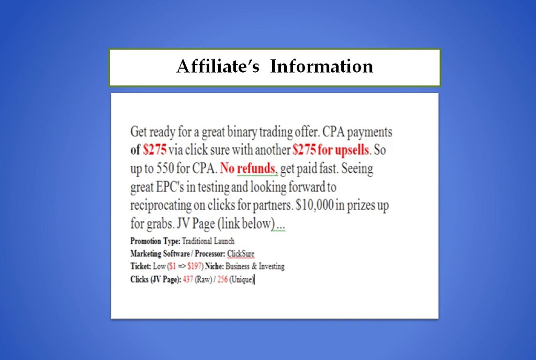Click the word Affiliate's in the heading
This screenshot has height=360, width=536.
218,66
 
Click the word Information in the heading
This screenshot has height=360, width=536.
321,66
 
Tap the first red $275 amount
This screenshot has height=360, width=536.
154,149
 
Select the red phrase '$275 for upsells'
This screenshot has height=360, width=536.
330,149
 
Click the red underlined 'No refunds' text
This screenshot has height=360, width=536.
248,168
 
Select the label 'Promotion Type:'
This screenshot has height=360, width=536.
155,241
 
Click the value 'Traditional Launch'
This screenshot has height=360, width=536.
208,241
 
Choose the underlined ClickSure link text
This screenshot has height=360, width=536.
240,254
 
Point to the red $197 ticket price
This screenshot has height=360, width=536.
194,266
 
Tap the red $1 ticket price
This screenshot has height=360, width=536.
172,266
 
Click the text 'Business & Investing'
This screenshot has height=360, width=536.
255,266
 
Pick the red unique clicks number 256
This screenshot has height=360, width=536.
222,279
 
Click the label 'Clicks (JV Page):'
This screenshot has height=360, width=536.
155,279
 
